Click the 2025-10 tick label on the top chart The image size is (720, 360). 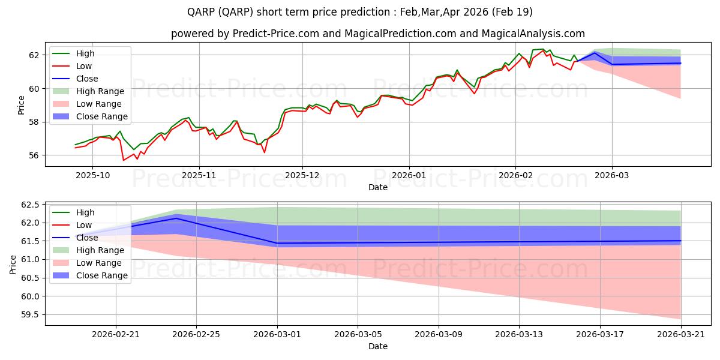[92, 175]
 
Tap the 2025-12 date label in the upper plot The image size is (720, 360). [302, 175]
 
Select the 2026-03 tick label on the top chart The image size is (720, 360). [611, 175]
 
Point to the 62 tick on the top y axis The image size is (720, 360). [34, 55]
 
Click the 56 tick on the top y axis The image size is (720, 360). [34, 155]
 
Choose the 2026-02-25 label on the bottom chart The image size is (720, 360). [196, 335]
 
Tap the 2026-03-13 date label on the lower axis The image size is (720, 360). [519, 335]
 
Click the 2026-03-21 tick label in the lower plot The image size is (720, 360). [681, 335]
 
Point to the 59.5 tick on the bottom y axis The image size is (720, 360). [30, 314]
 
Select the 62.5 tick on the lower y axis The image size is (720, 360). [30, 205]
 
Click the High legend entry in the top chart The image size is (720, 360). [74, 53]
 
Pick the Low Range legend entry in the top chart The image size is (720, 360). [87, 104]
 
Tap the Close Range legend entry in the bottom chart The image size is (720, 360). [90, 275]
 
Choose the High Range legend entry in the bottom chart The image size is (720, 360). [88, 250]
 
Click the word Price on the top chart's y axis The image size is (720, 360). [21, 105]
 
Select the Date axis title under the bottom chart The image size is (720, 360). [378, 346]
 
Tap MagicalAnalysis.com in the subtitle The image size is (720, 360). [533, 34]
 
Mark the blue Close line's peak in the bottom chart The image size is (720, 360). [176, 218]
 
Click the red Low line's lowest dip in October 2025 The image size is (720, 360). [124, 160]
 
